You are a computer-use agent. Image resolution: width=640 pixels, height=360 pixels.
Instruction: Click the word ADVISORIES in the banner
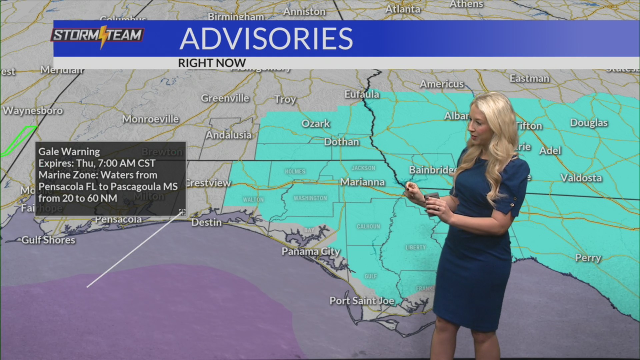click(266, 39)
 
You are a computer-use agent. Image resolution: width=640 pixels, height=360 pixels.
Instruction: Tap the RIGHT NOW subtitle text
click(212, 63)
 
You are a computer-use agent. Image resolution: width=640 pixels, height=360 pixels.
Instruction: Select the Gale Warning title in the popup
click(69, 152)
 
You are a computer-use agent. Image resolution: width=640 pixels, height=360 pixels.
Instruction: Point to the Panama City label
click(311, 251)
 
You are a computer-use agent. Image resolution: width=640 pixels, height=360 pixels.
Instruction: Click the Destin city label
click(206, 222)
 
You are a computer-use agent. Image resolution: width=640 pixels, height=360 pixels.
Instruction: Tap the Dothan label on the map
click(342, 142)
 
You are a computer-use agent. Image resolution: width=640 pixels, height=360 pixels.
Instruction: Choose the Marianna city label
click(362, 182)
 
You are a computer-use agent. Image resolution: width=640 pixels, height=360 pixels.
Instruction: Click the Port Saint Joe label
click(362, 301)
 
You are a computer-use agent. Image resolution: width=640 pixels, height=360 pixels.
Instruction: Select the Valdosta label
click(581, 178)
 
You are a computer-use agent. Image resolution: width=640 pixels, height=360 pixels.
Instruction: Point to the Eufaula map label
click(362, 94)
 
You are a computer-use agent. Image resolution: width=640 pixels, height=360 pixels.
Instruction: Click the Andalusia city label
click(229, 135)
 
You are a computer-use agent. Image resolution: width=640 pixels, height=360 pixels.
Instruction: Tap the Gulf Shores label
click(48, 240)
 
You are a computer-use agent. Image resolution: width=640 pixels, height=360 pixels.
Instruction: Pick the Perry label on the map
click(588, 258)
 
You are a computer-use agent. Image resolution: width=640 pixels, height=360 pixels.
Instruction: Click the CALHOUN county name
click(368, 227)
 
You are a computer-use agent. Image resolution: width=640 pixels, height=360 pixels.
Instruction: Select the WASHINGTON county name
click(310, 198)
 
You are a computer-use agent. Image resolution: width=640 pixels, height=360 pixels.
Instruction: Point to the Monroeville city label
click(150, 119)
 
